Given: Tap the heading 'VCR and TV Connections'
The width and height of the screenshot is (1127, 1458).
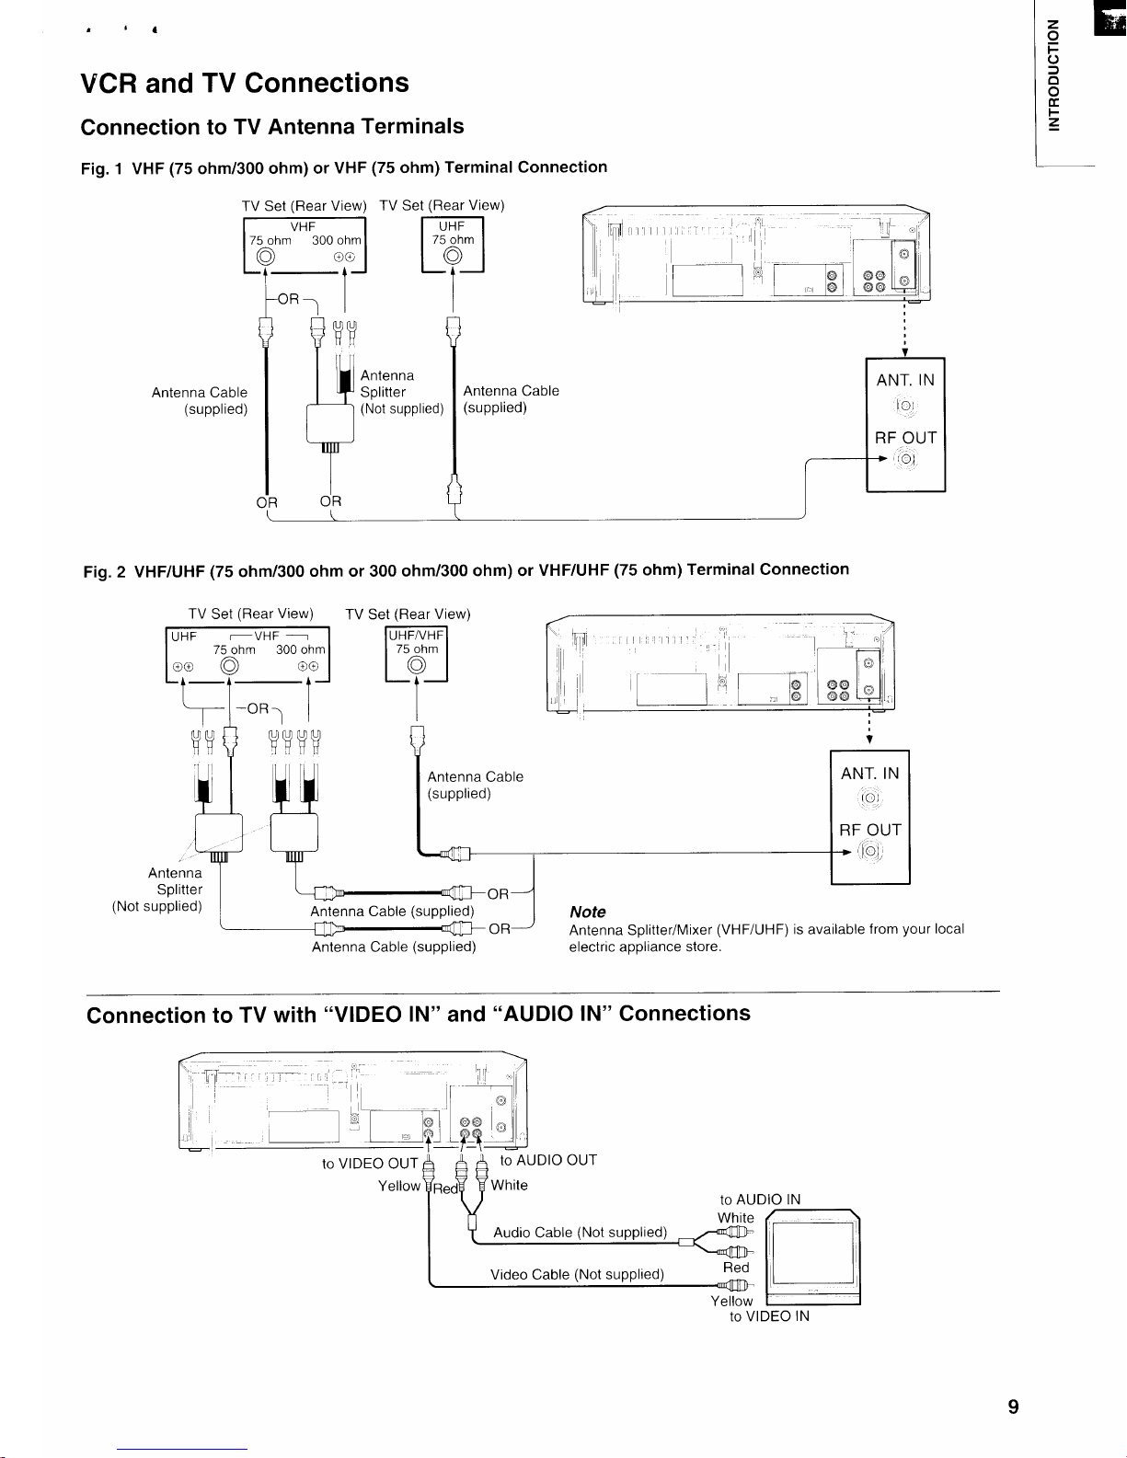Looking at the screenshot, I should pos(244,83).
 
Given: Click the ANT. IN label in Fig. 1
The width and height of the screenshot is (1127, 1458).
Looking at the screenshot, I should pos(905,380).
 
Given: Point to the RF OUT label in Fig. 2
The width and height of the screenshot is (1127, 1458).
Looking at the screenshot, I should pos(869,830).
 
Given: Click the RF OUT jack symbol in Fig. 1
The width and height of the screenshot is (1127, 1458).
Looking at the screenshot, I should pos(906,459).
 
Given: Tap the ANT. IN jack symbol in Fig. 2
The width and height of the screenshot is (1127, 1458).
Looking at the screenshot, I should pos(868,798).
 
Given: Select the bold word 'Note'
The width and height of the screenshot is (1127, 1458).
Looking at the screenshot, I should pos(587,912).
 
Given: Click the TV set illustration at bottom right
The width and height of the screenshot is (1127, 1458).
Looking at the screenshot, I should pos(812,1257).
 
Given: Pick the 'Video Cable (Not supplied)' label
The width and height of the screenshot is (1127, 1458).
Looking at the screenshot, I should pos(577,1274).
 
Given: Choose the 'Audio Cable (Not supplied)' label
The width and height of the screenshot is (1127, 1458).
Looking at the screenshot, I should pos(580,1232).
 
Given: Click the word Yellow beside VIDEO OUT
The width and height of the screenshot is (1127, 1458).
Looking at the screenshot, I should pos(399,1186).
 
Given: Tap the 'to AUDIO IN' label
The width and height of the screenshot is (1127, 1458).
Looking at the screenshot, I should pos(760,1199).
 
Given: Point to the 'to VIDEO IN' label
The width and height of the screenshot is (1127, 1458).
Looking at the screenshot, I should pos(769,1316).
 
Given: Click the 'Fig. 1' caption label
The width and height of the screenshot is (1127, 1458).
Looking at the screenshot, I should pos(103,169).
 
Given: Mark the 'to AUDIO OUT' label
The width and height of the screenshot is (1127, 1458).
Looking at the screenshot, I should pos(548,1160).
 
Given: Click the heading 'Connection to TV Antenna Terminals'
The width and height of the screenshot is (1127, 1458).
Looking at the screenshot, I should pos(272,127).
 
